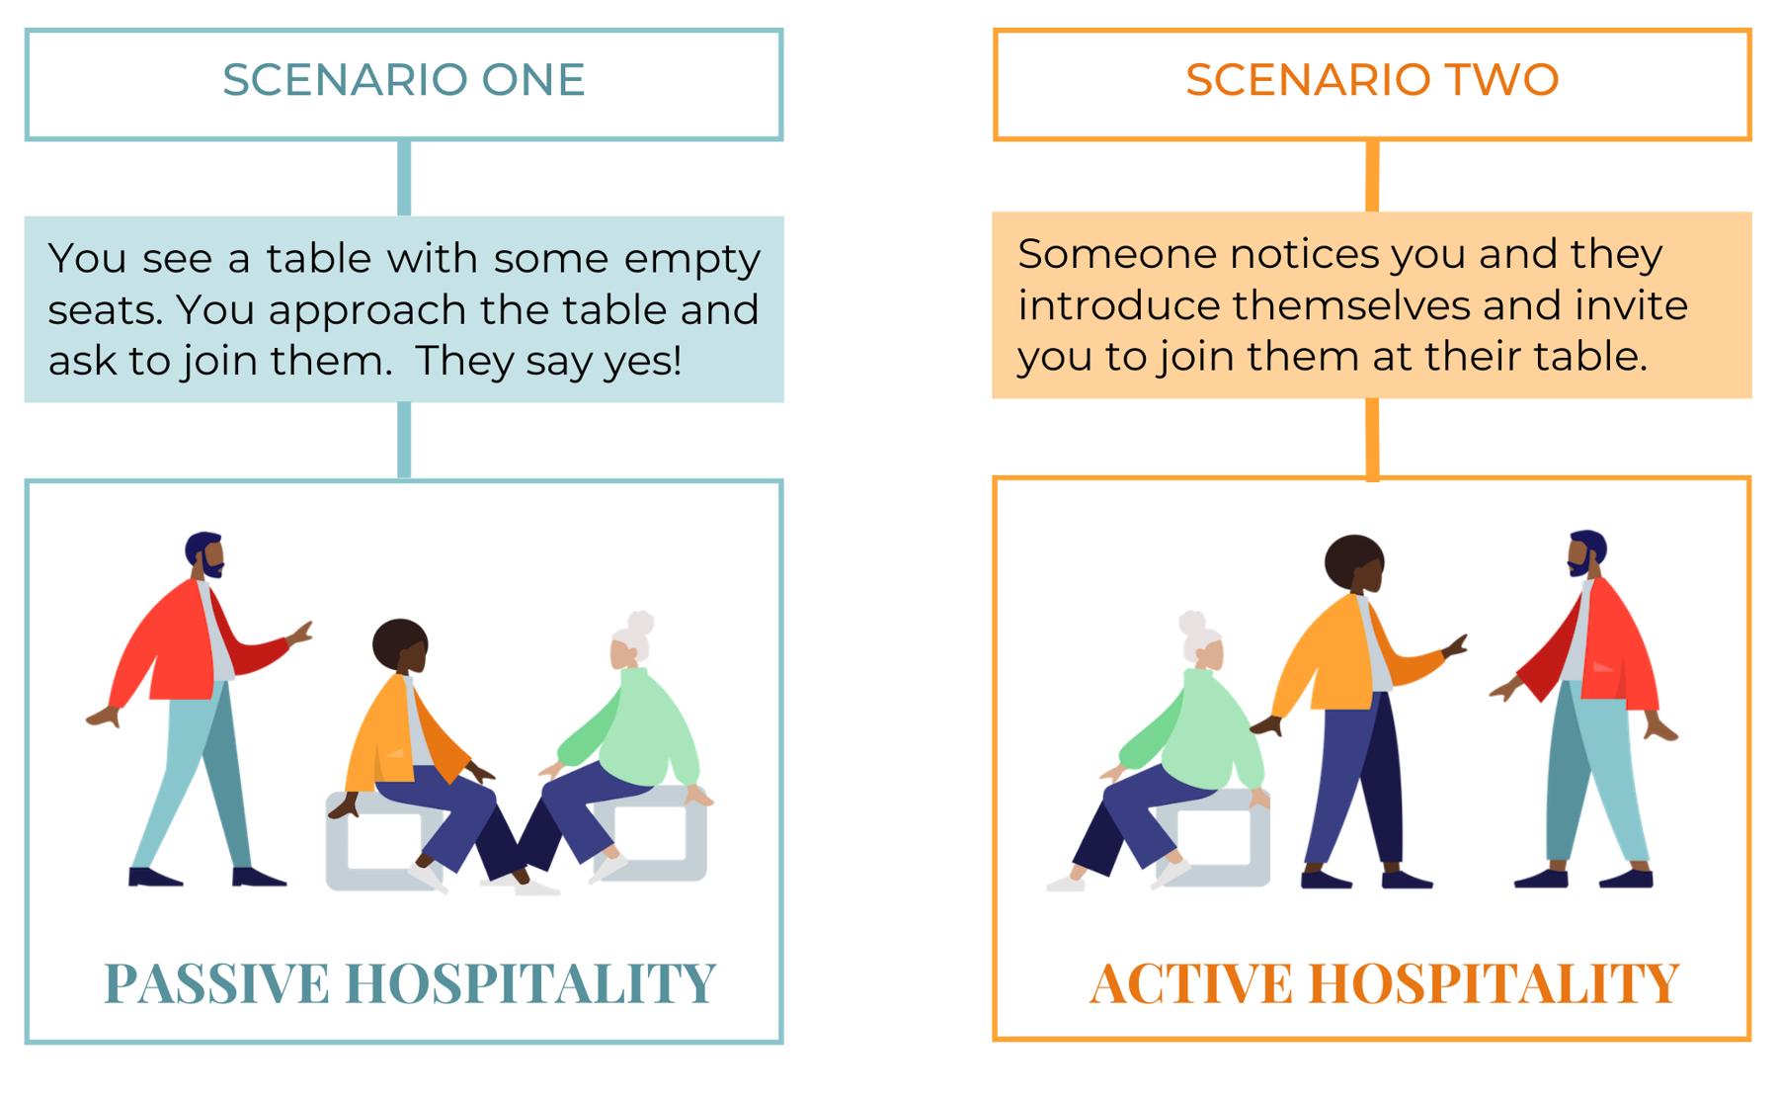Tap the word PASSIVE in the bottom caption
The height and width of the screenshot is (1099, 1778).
(x=216, y=983)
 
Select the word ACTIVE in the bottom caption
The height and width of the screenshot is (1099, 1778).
(x=1191, y=983)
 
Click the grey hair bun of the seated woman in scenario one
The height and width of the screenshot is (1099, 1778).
(x=640, y=625)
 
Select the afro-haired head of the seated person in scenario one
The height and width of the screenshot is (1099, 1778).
(x=401, y=645)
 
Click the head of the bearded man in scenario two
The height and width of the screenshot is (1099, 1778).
(x=1586, y=554)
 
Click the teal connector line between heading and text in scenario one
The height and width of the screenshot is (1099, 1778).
(x=404, y=178)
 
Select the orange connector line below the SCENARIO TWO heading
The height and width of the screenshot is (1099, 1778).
(x=1372, y=176)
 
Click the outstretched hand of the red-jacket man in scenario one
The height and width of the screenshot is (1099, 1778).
(x=299, y=634)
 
